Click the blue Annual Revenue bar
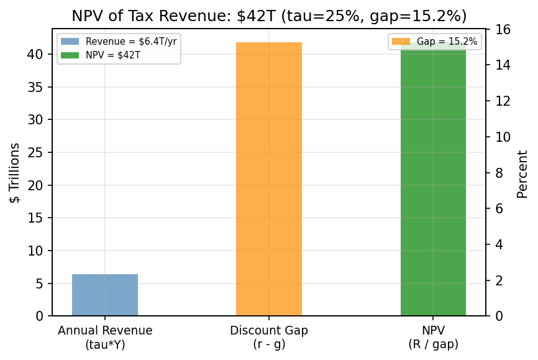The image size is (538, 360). pos(105,295)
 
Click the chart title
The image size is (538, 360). pos(269,16)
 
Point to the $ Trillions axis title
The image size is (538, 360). pos(15,172)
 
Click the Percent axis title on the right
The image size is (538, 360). pos(522,173)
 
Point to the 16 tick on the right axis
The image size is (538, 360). pos(503,29)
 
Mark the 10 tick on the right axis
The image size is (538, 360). pos(503,137)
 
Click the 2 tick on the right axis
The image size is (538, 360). pos(499,280)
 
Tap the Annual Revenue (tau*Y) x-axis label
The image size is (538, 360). pos(105,337)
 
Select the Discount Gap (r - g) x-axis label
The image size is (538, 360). pos(269,337)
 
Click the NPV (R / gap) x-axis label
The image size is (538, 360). pos(433,337)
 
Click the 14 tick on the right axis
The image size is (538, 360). pos(503,65)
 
